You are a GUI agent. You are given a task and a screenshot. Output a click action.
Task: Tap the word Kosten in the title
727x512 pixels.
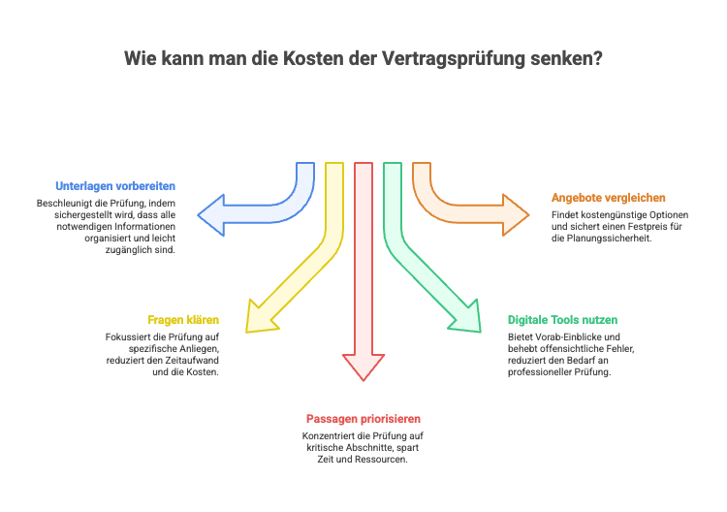(309, 58)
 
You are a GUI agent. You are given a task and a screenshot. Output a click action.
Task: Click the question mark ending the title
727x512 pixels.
(598, 58)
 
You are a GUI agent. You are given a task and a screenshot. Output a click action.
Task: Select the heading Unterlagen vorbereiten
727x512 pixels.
(115, 185)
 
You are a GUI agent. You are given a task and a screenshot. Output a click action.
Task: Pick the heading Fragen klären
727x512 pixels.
(183, 319)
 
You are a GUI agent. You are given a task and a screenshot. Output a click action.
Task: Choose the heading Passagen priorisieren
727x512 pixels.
(363, 419)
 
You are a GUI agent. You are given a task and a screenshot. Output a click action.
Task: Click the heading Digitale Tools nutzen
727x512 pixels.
(562, 319)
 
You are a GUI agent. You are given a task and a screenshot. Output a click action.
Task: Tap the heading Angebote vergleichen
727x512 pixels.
(609, 197)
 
